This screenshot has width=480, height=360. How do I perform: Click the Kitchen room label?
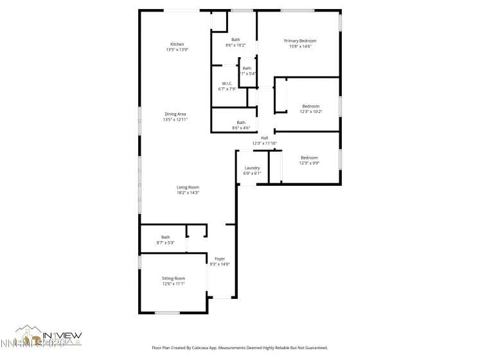(177, 44)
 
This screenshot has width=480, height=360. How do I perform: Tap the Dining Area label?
(175, 114)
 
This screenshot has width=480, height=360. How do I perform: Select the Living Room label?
(188, 187)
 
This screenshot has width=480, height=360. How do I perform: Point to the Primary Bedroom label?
(300, 40)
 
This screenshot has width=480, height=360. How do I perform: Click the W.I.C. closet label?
(227, 84)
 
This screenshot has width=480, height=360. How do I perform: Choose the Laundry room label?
(252, 168)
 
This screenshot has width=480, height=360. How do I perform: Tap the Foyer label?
(219, 258)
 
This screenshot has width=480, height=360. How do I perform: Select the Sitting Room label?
(173, 278)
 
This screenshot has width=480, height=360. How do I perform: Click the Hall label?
(264, 138)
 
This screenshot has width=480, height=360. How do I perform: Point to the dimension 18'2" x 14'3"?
(188, 193)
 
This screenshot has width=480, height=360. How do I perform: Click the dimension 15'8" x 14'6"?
(300, 46)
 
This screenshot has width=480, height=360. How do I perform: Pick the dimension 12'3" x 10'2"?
(310, 112)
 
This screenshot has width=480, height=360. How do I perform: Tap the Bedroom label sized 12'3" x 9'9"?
(309, 157)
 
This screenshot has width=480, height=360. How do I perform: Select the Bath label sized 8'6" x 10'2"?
(236, 40)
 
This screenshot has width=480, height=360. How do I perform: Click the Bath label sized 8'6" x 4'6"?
(241, 122)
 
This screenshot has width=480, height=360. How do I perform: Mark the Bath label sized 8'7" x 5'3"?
(166, 237)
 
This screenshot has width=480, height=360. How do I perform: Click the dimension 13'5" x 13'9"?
(177, 50)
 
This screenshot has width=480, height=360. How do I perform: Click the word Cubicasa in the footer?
(216, 348)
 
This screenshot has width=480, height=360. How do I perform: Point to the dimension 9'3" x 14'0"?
(219, 264)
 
